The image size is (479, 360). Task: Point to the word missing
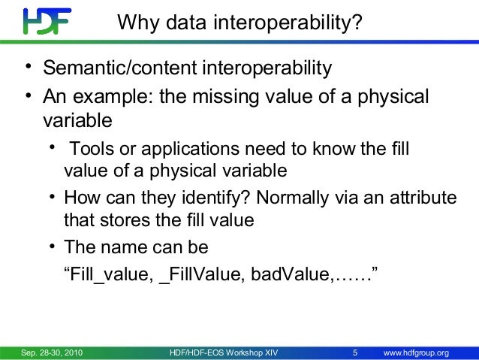233,97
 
